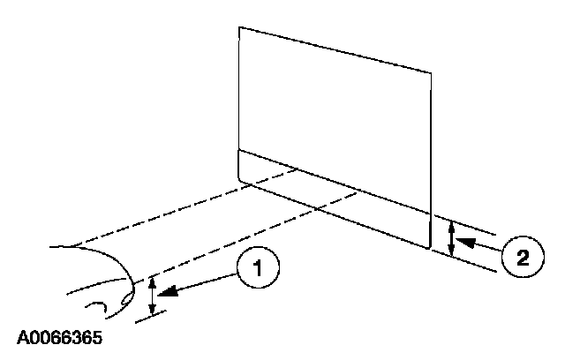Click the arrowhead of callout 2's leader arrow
[465, 238]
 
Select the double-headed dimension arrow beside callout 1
[153, 295]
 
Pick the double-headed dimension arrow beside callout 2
[451, 238]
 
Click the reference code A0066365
[59, 337]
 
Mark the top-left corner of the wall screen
[239, 27]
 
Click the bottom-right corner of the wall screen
[429, 251]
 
